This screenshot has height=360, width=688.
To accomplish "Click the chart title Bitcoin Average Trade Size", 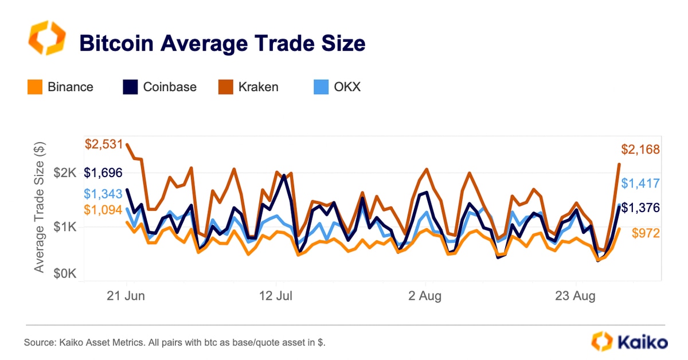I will pos(222,43).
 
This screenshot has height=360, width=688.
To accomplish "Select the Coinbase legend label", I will pos(170,87).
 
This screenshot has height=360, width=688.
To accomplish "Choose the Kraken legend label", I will pos(259,87).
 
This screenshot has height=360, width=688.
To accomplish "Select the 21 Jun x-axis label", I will pos(127,296).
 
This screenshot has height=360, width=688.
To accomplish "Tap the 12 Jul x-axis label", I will pos(276,296).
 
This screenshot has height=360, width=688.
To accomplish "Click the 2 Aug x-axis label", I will pos(425,296).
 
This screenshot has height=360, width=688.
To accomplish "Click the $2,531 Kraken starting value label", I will pos(104,144).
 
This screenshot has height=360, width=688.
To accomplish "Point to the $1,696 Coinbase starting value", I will pos(104,173).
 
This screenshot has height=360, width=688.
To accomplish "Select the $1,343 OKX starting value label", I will pos(104,194).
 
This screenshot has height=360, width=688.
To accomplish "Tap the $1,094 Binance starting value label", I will pos(104,210).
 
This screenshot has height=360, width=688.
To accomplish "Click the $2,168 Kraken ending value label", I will pos(640,150).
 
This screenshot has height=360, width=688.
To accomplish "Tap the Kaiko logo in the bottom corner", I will pos(630,342).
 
